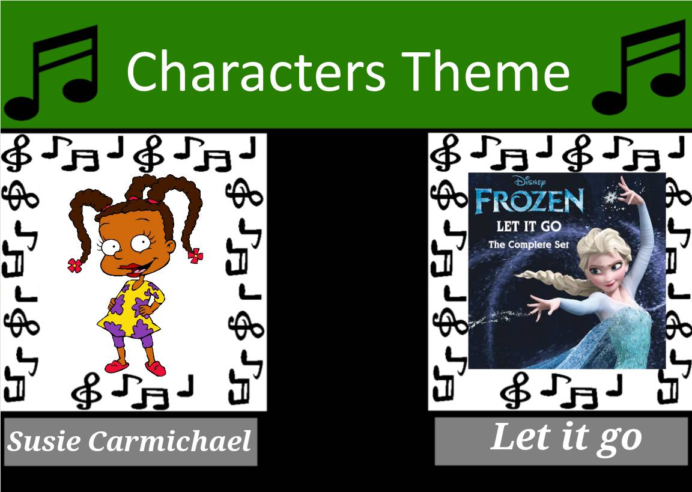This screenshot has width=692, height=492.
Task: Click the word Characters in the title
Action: [255, 71]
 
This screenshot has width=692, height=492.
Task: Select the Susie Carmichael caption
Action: [129, 442]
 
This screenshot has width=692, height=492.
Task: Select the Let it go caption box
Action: [561, 441]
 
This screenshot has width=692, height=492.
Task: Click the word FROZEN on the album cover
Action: [529, 202]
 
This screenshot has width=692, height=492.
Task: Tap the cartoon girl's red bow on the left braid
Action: [75, 265]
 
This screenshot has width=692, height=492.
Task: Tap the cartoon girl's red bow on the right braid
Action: [196, 256]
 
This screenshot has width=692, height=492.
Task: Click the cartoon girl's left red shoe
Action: [114, 366]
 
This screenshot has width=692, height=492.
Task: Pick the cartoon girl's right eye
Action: [143, 242]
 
